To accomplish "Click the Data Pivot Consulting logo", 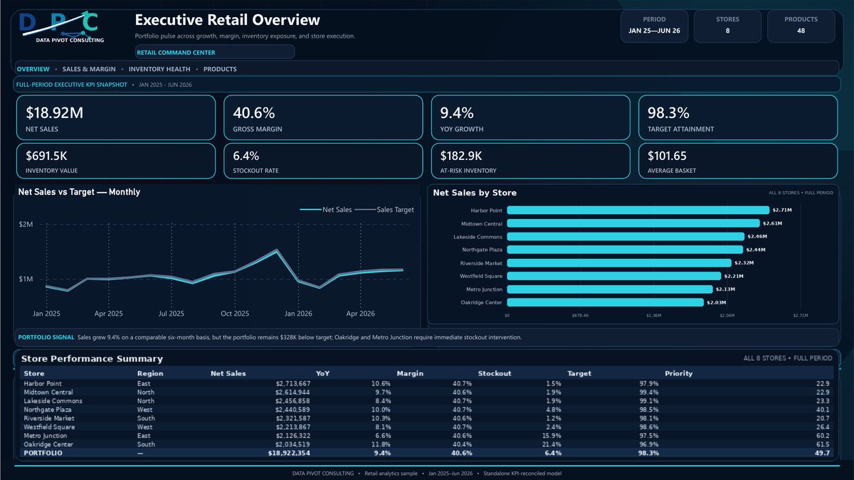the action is coord(62,27).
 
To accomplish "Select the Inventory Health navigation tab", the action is coord(159,69).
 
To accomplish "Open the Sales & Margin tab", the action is coord(89,69).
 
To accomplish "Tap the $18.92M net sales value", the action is coord(55,113).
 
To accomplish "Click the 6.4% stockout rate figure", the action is coord(246,156).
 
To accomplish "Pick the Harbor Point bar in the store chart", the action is coord(638,210).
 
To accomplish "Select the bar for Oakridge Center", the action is coord(605,302).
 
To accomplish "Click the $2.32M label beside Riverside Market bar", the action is coord(744,263).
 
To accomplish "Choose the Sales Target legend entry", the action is coord(384,210).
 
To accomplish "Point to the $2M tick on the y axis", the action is coord(26,225).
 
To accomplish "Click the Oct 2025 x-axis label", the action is coord(235,314).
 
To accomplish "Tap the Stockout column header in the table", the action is coord(495,373).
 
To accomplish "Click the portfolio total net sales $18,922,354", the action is coord(289,453).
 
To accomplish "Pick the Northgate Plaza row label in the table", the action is coord(47,410).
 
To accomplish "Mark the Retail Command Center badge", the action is coord(215,52).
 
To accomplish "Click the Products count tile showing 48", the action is coord(801,26).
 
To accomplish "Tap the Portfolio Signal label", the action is coord(46,337).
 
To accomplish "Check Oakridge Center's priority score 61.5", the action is coord(823,444).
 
